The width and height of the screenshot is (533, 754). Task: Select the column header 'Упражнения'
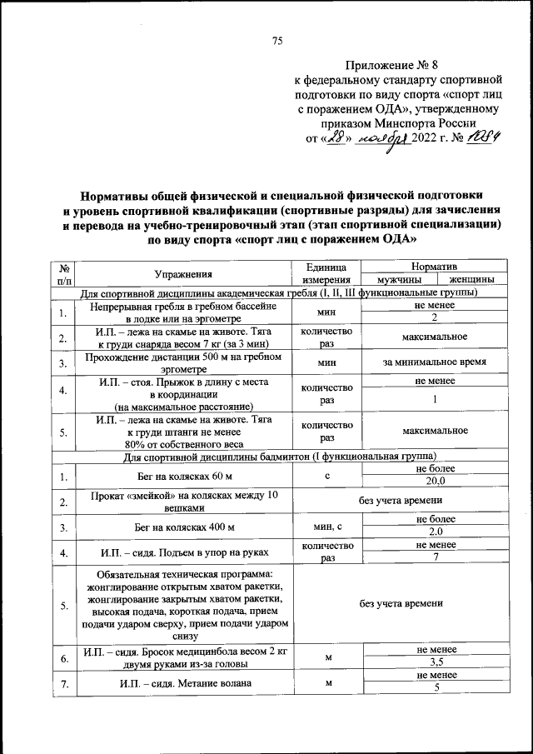183,272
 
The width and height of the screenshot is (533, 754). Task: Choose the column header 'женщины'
470,280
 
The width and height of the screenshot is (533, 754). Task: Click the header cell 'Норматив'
434,265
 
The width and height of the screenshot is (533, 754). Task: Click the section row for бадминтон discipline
277,456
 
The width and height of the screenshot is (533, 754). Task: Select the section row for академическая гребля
277,293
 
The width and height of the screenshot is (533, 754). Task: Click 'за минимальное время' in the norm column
434,362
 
